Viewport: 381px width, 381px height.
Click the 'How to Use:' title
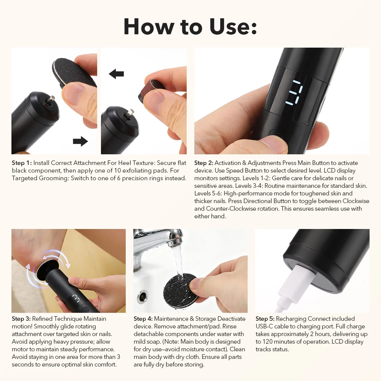tap(190, 26)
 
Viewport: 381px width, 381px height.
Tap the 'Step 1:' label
tap(22, 163)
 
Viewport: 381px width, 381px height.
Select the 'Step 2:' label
tap(203, 163)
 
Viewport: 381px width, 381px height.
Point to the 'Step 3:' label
tap(21, 319)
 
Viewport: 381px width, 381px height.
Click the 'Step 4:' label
tap(143, 319)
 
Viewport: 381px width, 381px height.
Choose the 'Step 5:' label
tap(265, 319)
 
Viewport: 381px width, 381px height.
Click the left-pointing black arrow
tap(116, 74)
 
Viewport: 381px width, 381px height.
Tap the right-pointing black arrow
tap(80, 141)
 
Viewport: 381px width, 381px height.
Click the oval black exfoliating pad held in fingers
tap(74, 72)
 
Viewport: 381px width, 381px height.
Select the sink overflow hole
tap(142, 297)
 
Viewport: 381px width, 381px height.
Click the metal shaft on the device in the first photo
tap(51, 100)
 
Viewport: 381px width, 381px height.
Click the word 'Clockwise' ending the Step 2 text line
tap(356, 201)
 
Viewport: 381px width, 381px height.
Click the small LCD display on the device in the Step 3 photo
tap(75, 298)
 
